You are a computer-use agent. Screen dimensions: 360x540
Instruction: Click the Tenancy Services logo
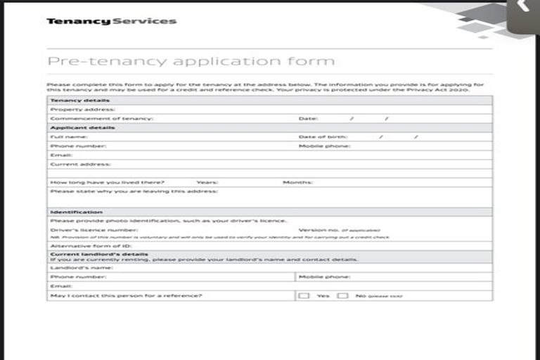[x=111, y=21]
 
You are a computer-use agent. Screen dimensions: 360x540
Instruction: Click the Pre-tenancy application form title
[x=191, y=61]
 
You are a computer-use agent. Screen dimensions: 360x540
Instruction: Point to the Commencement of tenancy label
[x=101, y=119]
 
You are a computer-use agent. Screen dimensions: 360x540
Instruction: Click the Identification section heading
[x=76, y=212]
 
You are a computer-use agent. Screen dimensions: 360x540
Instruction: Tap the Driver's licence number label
[x=94, y=230]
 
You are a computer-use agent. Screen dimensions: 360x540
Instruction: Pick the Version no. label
[x=319, y=230]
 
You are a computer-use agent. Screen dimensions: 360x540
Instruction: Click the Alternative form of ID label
[x=91, y=246]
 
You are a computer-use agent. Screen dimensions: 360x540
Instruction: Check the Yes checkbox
[x=304, y=296]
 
